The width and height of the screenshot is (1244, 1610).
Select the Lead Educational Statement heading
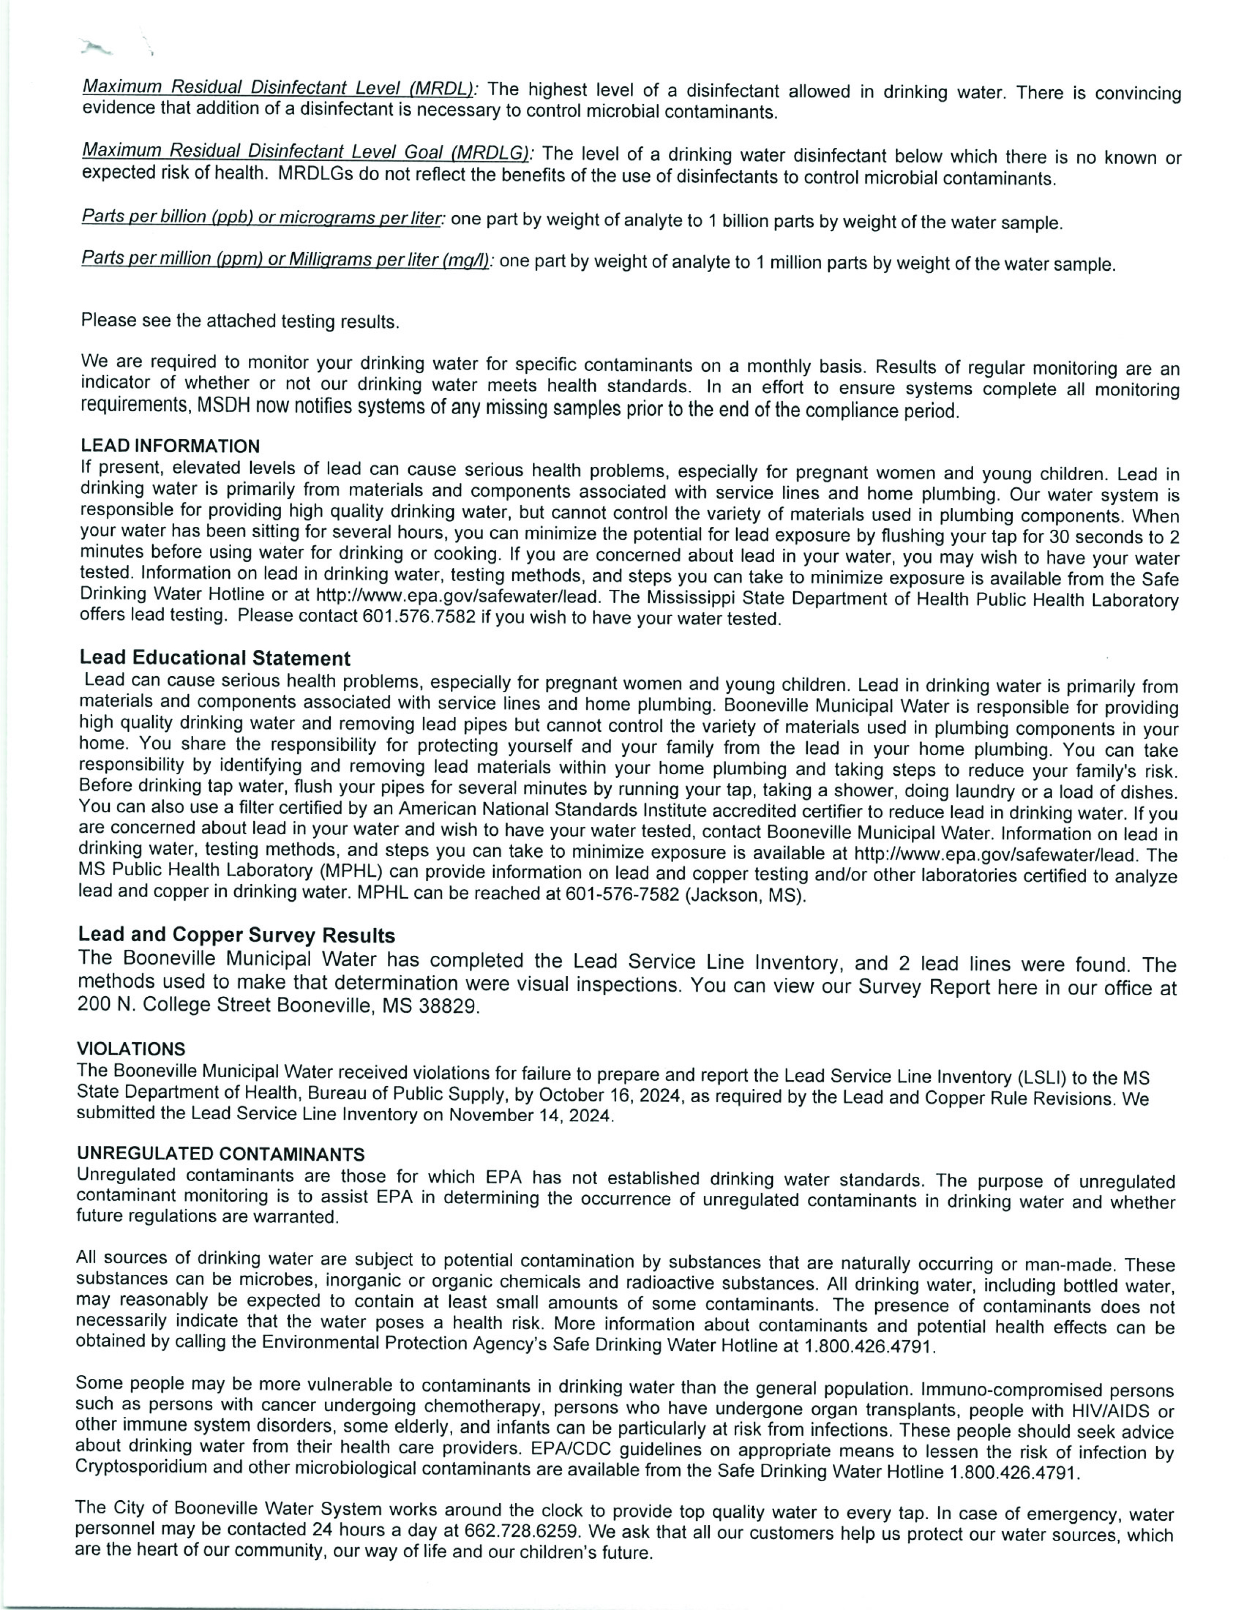(x=215, y=658)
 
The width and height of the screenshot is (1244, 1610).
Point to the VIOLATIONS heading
(x=131, y=1049)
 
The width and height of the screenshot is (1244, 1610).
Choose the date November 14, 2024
(x=531, y=1115)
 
